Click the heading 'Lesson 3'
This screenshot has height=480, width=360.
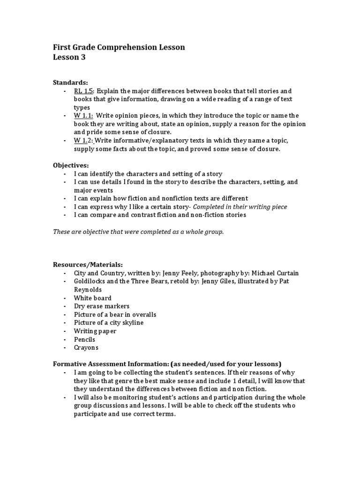[x=69, y=58]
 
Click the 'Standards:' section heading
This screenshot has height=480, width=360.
[x=70, y=82]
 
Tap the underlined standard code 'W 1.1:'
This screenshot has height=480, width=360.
[x=83, y=115]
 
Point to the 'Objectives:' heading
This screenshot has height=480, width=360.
[x=71, y=165]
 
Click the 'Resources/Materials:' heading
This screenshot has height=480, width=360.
[x=88, y=264]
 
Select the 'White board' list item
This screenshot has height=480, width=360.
[x=93, y=298]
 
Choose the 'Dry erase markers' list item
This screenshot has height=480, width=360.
[x=101, y=306]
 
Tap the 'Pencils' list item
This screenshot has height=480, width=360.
[x=84, y=339]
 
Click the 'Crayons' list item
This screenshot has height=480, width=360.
[x=86, y=348]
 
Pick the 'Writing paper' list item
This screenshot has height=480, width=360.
[x=95, y=331]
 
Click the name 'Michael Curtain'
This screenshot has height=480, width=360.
[x=275, y=273]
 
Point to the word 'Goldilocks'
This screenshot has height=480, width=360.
[x=90, y=281]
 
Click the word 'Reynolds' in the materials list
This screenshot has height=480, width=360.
[x=88, y=289]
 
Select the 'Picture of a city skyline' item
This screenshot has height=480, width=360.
[x=109, y=322]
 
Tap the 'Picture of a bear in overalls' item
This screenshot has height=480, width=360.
[x=115, y=315]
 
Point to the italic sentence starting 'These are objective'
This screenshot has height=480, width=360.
[x=138, y=232]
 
